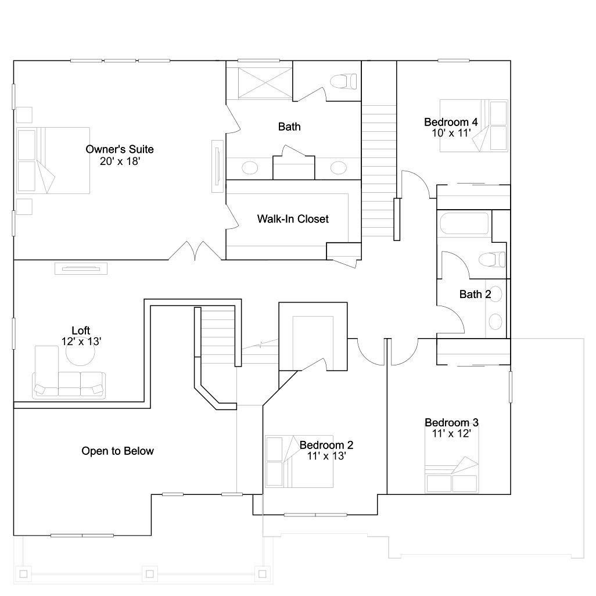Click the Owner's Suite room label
click(x=120, y=149)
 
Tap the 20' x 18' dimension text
click(x=120, y=161)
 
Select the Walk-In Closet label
click(x=293, y=219)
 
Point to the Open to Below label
click(x=117, y=451)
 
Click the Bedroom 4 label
click(x=451, y=122)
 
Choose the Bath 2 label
click(x=475, y=294)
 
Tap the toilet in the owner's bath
click(x=344, y=81)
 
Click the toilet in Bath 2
click(x=492, y=260)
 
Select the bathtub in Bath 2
click(x=464, y=223)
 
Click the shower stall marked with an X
click(x=265, y=83)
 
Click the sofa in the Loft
click(x=69, y=385)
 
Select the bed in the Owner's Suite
click(x=53, y=160)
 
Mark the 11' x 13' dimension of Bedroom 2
click(x=326, y=456)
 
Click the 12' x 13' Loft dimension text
click(x=81, y=342)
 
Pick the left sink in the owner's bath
click(x=250, y=168)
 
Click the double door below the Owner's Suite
click(x=195, y=251)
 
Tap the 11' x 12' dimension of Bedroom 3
click(x=451, y=433)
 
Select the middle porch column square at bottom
click(x=150, y=573)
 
